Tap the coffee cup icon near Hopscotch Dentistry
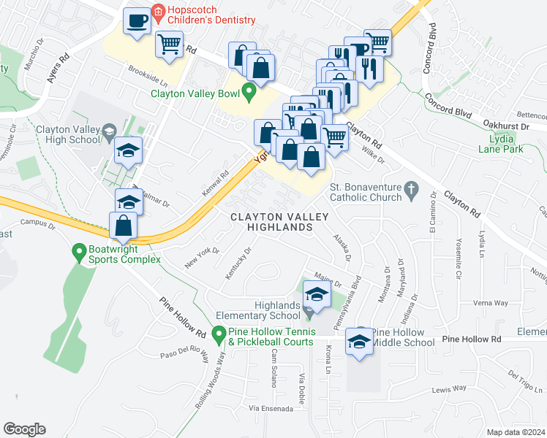click(136, 21)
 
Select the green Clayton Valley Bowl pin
click(249, 93)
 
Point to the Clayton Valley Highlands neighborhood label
click(271, 222)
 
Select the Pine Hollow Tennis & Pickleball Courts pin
click(218, 335)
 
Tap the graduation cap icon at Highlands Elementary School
click(316, 294)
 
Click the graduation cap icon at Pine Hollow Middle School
click(358, 342)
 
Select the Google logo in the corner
click(24, 429)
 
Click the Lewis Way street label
click(448, 391)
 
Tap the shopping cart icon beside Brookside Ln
click(169, 45)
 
